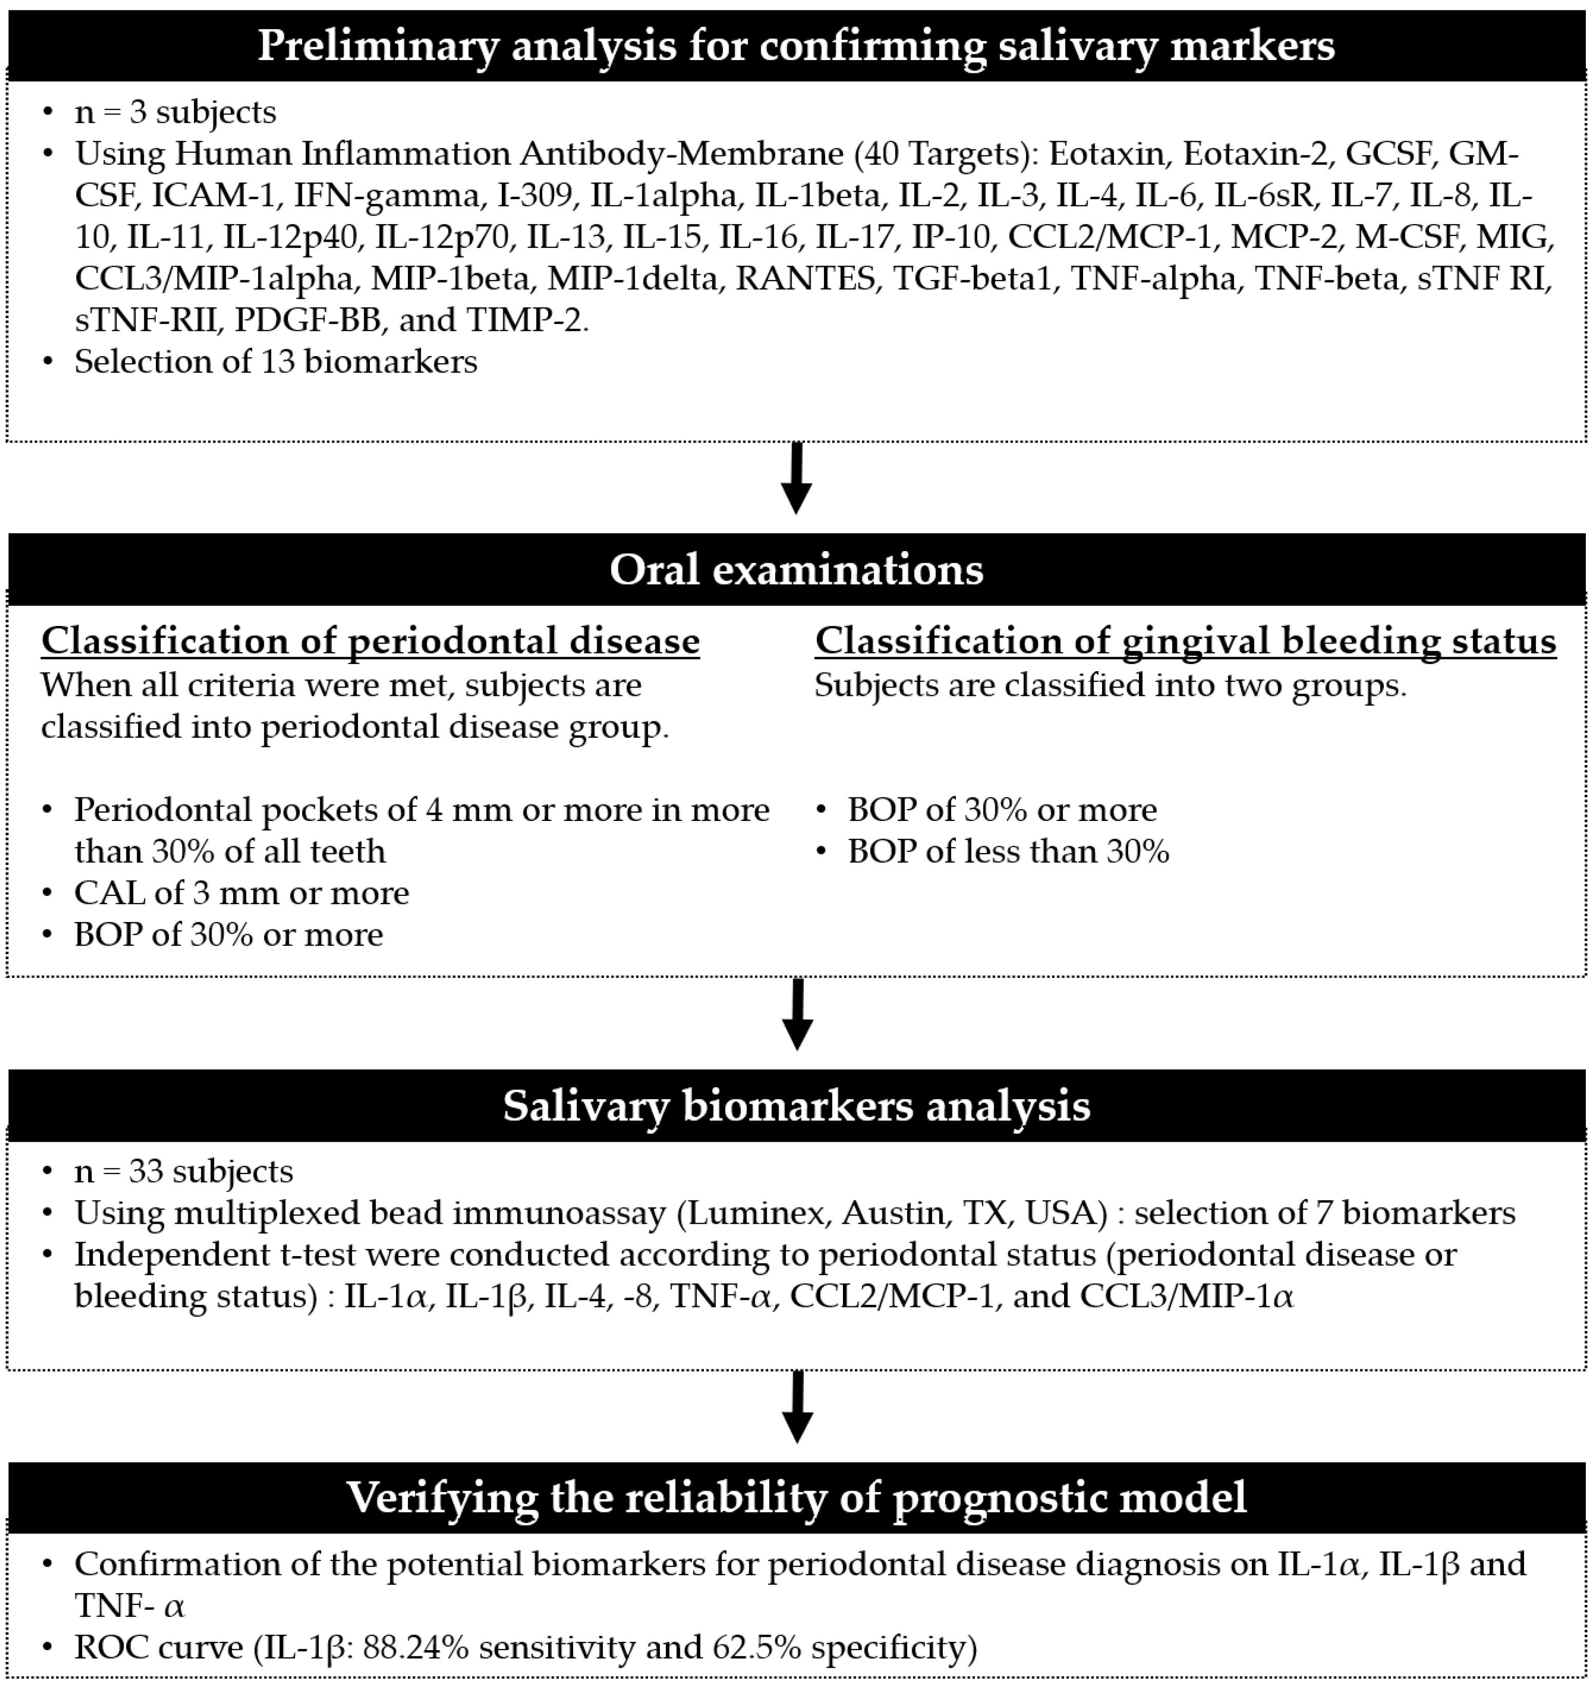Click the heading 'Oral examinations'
click(x=796, y=570)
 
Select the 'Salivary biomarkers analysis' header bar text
click(x=796, y=1106)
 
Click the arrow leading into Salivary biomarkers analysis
click(x=796, y=1015)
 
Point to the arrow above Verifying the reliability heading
click(x=796, y=1407)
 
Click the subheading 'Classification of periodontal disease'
click(x=370, y=641)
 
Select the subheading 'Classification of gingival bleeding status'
click(x=1186, y=641)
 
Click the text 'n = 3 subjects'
click(x=175, y=112)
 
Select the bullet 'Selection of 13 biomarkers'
click(x=276, y=362)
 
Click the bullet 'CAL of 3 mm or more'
click(x=242, y=893)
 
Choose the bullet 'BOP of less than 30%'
click(x=1008, y=851)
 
